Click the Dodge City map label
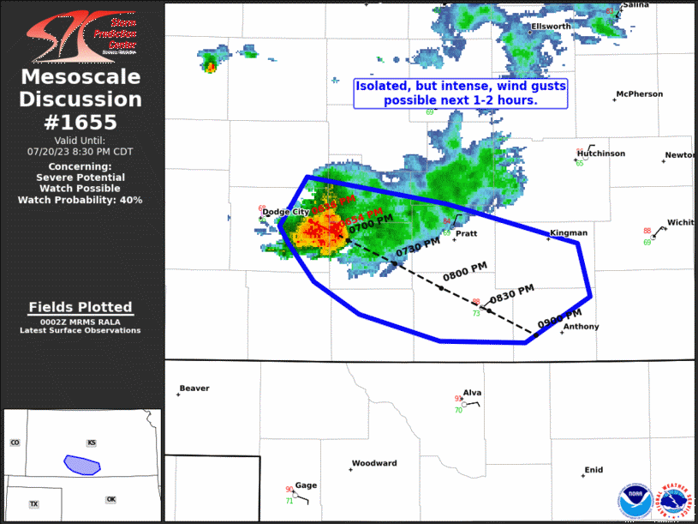pos(288,212)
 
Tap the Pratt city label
pos(466,233)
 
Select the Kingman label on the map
pos(569,232)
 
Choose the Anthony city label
pos(581,327)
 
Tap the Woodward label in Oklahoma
pos(374,464)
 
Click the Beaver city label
pos(194,388)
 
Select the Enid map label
pos(594,470)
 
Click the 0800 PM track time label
pos(464,272)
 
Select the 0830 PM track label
pos(511,294)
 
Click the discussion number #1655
pos(81,123)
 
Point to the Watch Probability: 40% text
pos(81,200)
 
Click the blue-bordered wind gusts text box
pos(460,93)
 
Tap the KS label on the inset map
pos(92,443)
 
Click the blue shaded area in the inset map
pos(82,465)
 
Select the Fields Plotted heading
pos(81,307)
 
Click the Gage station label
pos(306,485)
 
